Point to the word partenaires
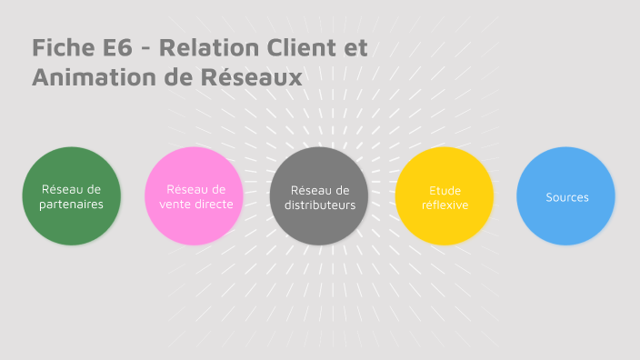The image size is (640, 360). (x=71, y=205)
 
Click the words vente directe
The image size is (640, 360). (x=195, y=205)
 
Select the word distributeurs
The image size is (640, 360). (x=319, y=205)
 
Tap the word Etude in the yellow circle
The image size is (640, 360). (x=445, y=190)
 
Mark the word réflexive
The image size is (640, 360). (x=445, y=205)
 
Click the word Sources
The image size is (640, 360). (x=567, y=197)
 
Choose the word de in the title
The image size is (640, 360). (x=166, y=78)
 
